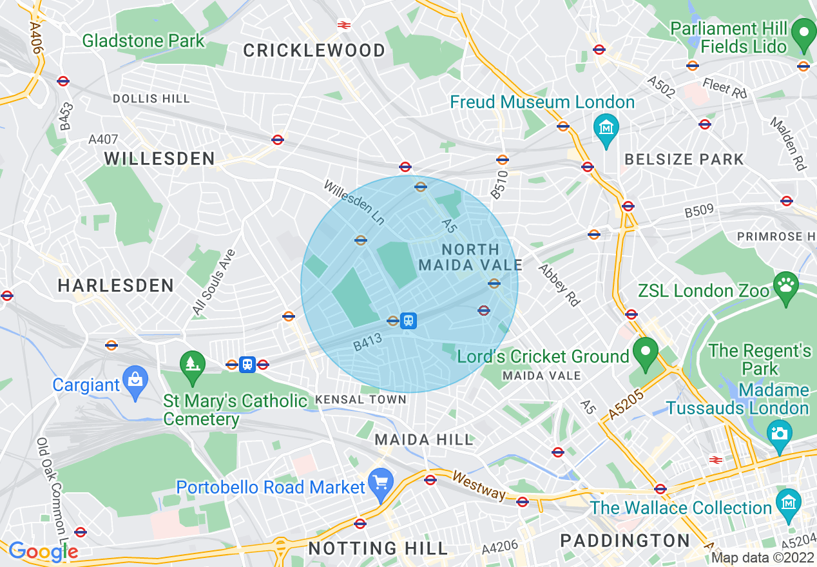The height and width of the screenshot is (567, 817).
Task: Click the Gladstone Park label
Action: (143, 41)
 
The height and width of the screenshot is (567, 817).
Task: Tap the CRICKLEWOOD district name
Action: (314, 50)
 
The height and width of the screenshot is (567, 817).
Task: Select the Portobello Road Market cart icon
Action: (381, 482)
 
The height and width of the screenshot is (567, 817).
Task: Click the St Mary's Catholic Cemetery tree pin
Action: (192, 364)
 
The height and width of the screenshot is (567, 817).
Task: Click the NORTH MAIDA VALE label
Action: (471, 257)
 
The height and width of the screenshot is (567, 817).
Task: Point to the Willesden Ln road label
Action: (354, 202)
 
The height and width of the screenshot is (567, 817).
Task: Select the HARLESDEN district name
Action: (116, 285)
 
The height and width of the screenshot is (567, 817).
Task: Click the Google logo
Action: (43, 551)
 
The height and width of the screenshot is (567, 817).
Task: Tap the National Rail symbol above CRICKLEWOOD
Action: (343, 25)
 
